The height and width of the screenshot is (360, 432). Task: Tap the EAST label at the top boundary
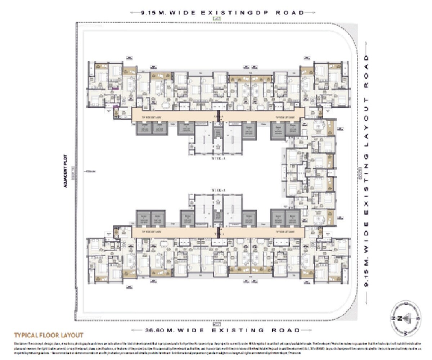pos(217,19)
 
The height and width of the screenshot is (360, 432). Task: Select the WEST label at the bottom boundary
pos(217,324)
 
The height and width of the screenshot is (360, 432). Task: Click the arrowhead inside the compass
pos(407,318)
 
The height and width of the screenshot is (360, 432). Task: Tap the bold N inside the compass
pos(400,318)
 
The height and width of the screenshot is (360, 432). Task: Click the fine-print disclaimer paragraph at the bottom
pos(216,348)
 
